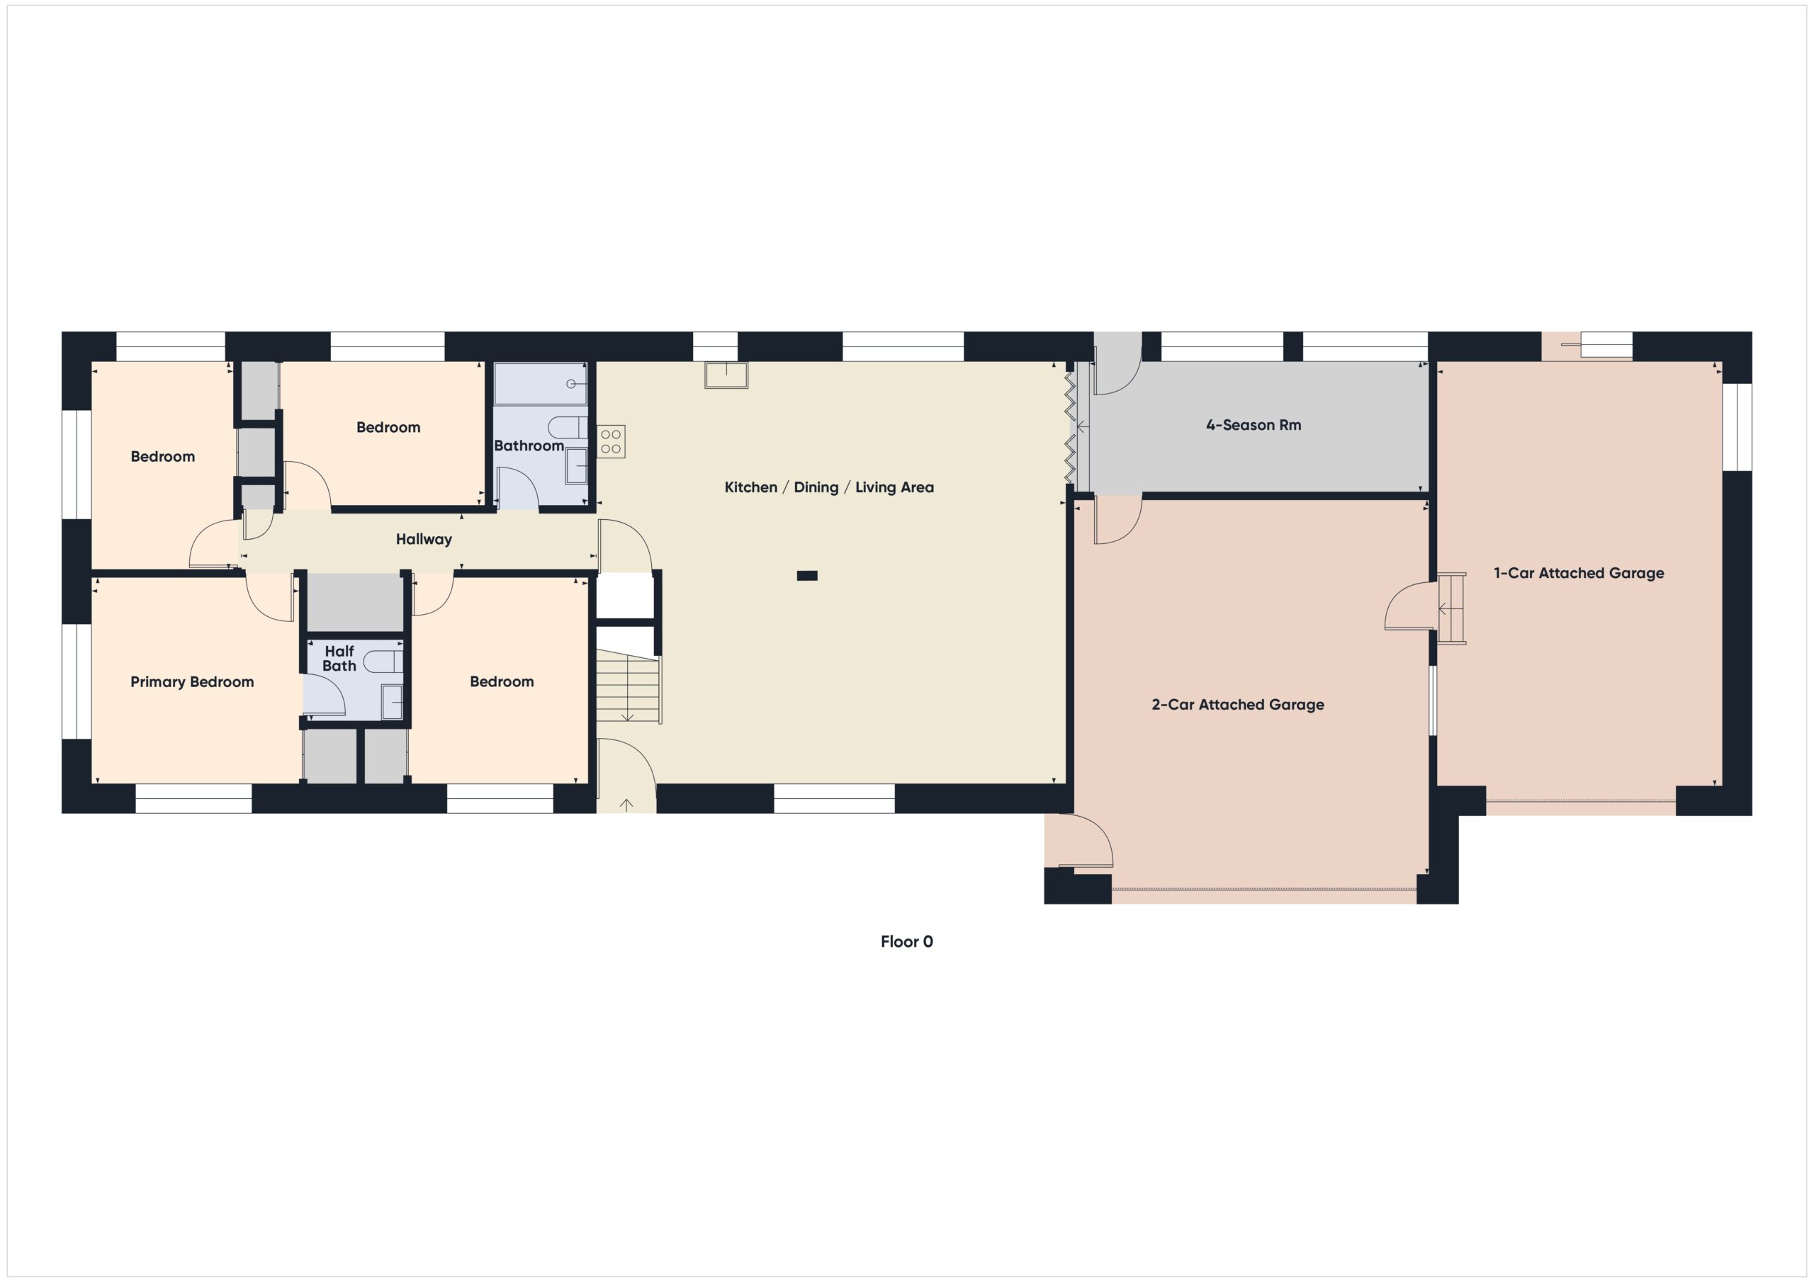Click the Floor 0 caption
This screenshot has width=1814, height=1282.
click(x=906, y=941)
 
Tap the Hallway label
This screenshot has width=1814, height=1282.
click(x=424, y=540)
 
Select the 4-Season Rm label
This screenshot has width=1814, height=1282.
click(x=1253, y=425)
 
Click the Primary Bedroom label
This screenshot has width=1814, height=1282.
click(x=192, y=681)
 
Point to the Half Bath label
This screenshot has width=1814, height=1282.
click(x=339, y=658)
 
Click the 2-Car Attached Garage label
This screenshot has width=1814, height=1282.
click(x=1237, y=705)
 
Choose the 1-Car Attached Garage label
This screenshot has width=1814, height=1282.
click(x=1578, y=574)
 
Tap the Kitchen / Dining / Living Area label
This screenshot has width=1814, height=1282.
click(x=829, y=487)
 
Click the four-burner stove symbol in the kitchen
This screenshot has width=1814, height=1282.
click(x=611, y=441)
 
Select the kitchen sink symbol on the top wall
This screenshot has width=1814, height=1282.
click(x=726, y=375)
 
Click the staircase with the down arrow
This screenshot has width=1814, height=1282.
click(x=627, y=686)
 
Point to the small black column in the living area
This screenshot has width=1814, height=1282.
click(x=806, y=576)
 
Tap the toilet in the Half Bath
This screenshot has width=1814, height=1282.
click(x=384, y=661)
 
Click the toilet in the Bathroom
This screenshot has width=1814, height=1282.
click(x=568, y=427)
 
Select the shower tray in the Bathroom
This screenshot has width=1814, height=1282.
click(x=540, y=384)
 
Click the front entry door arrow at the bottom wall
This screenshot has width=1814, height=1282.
click(x=626, y=805)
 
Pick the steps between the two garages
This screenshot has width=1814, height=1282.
click(x=1450, y=608)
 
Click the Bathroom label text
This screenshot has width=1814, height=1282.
click(x=529, y=446)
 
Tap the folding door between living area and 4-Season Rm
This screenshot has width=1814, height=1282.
click(x=1070, y=426)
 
